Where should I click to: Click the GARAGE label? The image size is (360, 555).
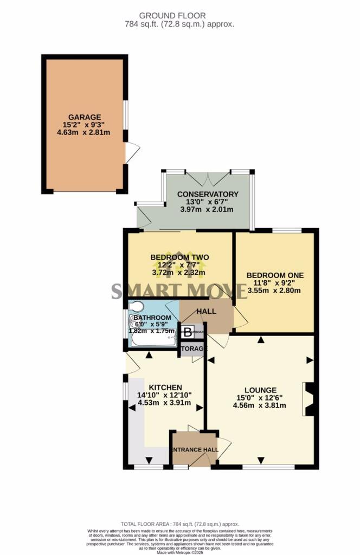point(84,117)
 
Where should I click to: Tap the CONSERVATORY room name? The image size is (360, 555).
point(208,194)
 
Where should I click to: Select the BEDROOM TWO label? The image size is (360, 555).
point(179,257)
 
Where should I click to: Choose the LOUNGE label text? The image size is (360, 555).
point(260,390)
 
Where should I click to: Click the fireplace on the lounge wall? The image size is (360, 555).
point(309,399)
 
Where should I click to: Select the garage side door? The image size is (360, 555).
point(130,153)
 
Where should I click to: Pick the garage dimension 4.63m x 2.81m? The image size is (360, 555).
point(84,132)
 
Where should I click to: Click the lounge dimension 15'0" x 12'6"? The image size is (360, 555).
point(260,397)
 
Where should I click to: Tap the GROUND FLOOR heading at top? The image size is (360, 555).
point(179,16)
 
